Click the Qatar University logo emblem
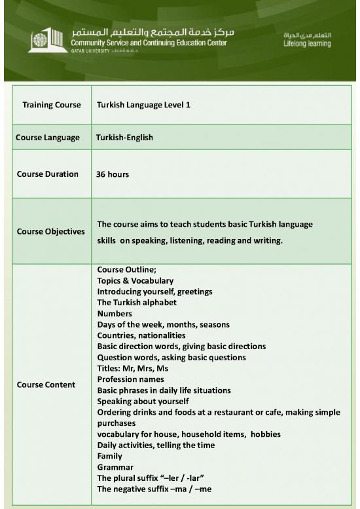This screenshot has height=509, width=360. pyautogui.click(x=39, y=40)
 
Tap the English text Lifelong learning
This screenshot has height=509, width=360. pyautogui.click(x=306, y=44)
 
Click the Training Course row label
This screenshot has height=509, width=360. pyautogui.click(x=52, y=105)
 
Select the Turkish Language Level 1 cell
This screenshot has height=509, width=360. pyautogui.click(x=143, y=105)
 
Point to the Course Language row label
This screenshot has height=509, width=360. pyautogui.click(x=48, y=138)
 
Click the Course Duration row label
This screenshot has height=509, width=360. pyautogui.click(x=47, y=174)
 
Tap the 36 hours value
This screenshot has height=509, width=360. pyautogui.click(x=113, y=175)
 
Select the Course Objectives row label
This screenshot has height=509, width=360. pyautogui.click(x=50, y=231)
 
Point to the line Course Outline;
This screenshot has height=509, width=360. pyautogui.click(x=126, y=269)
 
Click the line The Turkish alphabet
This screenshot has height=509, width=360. pyautogui.click(x=137, y=303)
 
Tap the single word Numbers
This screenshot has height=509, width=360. pyautogui.click(x=115, y=314)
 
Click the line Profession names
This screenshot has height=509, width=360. pyautogui.click(x=130, y=379)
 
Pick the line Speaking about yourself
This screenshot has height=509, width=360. pyautogui.click(x=143, y=401)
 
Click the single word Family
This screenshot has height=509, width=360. pyautogui.click(x=110, y=456)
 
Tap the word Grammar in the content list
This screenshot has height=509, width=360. pyautogui.click(x=115, y=467)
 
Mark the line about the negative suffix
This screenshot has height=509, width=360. pyautogui.click(x=154, y=489)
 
